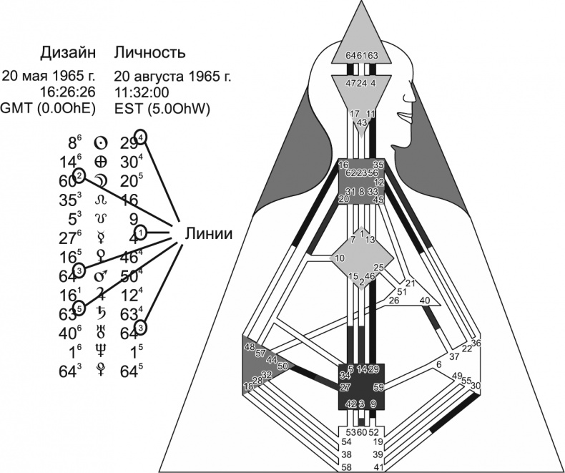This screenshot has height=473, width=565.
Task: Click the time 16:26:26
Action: coord(72,92)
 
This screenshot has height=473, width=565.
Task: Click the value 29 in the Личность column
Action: coord(129,142)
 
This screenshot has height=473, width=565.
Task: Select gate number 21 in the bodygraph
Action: coord(411,283)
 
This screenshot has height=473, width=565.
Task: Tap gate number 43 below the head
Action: coord(362,122)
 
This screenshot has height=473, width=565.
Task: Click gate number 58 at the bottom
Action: coord(347,467)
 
